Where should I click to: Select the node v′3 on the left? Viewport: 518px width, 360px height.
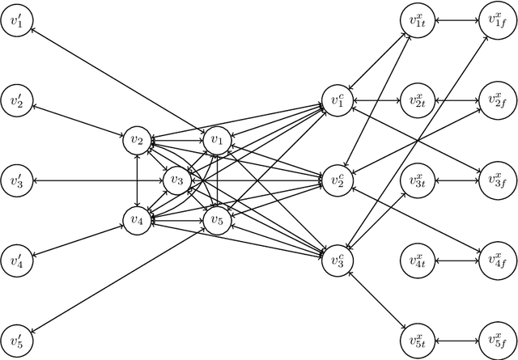17,180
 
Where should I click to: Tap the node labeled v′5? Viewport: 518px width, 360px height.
17,337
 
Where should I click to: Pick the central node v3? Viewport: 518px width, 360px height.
176,180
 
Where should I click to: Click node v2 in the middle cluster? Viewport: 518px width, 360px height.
136,141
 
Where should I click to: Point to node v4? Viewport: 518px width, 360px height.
136,218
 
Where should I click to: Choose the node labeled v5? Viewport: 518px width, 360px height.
216,218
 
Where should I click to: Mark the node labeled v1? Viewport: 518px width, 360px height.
216,141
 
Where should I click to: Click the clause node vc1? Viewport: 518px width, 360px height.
338,100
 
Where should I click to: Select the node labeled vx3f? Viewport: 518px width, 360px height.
497,180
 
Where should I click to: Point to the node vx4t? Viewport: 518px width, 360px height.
418,259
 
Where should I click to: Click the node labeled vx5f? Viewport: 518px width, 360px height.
497,337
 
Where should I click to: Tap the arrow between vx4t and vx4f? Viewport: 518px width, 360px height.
457,259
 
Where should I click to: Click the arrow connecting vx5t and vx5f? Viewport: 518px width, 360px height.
457,337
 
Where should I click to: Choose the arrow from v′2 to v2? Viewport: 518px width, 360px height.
76,121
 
